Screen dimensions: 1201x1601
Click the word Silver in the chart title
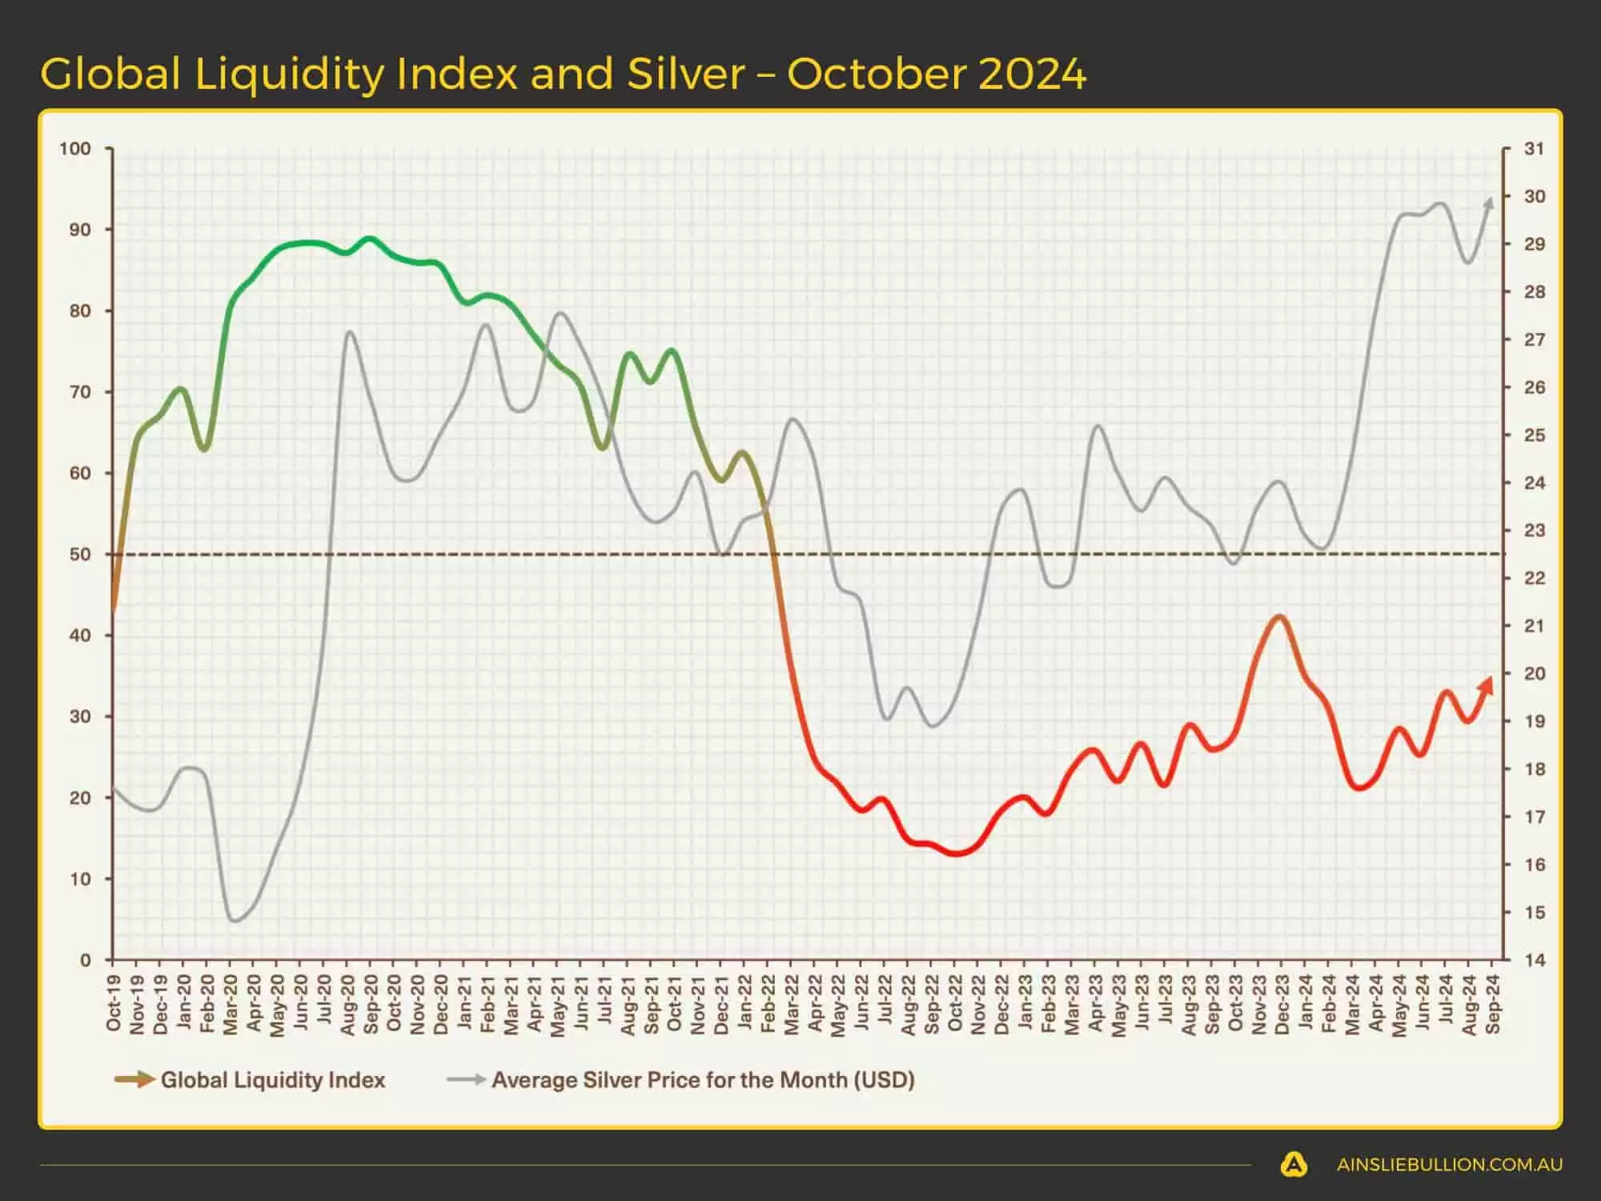[x=685, y=74]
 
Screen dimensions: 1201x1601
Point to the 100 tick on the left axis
[x=75, y=149]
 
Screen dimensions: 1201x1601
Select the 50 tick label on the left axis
[x=80, y=554]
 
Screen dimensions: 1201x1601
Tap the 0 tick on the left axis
[x=86, y=960]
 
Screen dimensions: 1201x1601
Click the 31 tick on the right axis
[x=1534, y=149]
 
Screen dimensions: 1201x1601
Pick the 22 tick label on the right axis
[x=1534, y=578]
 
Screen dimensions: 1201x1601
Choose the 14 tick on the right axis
[x=1534, y=960]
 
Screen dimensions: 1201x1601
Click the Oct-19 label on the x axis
[x=114, y=1002]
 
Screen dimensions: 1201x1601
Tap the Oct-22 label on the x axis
[x=955, y=1002]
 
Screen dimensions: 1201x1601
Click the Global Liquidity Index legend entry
[x=272, y=1080]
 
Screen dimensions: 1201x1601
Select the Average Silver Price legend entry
[x=702, y=1080]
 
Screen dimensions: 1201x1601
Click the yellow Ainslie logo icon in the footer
[x=1294, y=1164]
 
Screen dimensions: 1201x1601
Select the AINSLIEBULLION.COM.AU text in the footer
[x=1449, y=1165]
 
